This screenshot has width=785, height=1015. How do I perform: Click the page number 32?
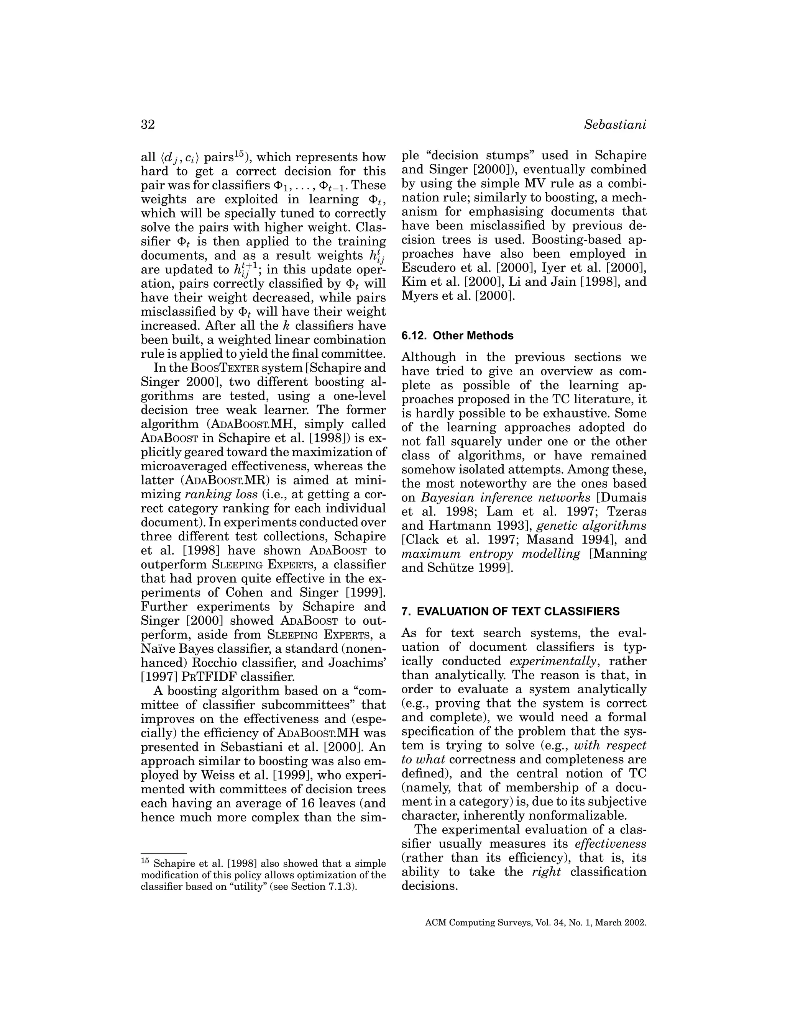(x=148, y=124)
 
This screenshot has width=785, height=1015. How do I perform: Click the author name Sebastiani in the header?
(x=615, y=124)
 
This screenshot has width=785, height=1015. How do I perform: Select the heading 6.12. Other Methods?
(x=457, y=336)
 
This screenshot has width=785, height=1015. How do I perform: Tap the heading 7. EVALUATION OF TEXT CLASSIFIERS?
(x=510, y=611)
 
